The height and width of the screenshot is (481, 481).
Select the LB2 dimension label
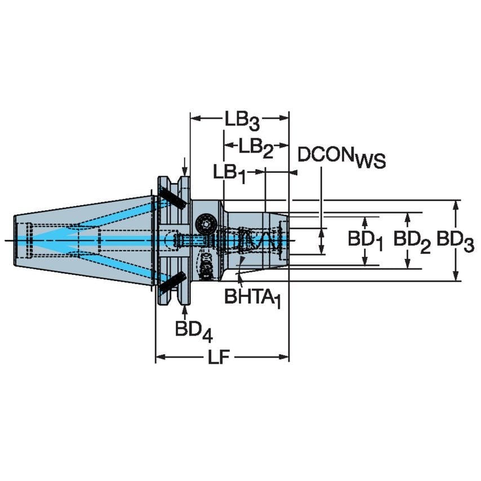[x=256, y=147]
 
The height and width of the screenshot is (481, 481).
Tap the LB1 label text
[x=229, y=173]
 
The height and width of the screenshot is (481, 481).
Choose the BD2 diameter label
[x=412, y=241]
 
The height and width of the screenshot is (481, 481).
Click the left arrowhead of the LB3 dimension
[x=195, y=118]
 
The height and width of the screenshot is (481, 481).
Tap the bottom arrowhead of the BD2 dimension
[x=407, y=264]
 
